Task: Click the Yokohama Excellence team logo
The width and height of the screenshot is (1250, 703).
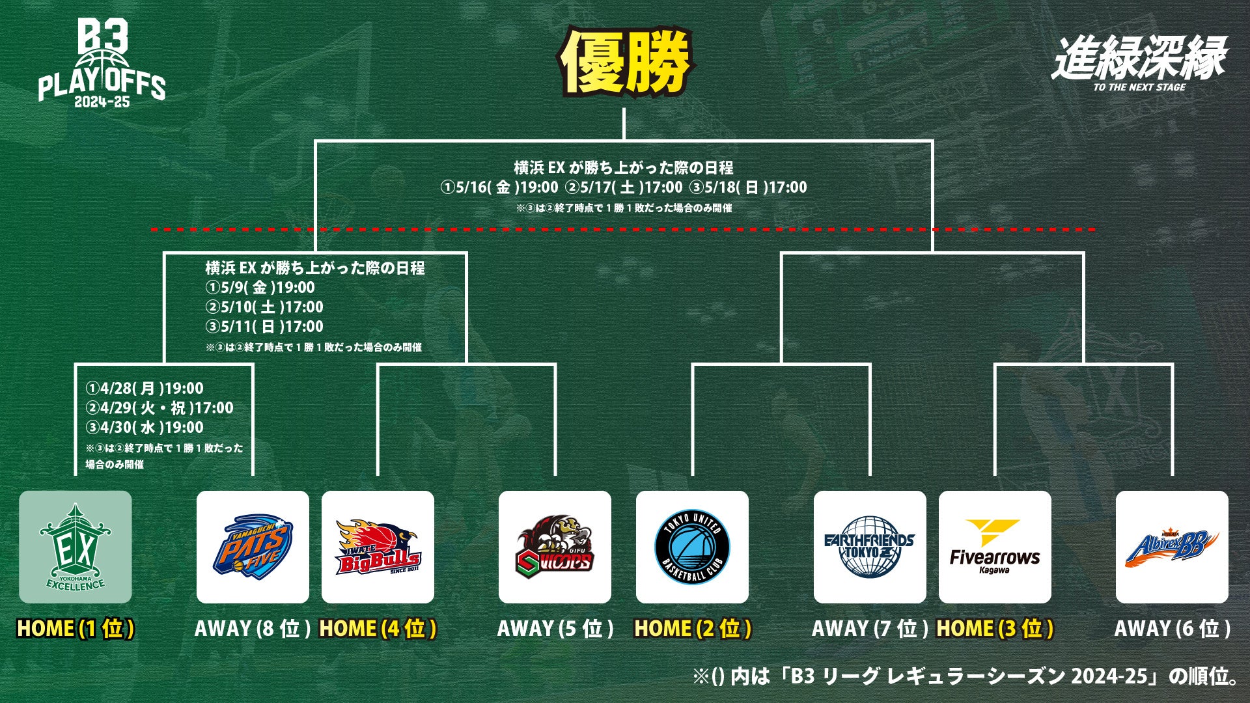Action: pyautogui.click(x=75, y=547)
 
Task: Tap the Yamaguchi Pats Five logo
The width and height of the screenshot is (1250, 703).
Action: pyautogui.click(x=253, y=547)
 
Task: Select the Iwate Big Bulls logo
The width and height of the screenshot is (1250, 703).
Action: pyautogui.click(x=378, y=547)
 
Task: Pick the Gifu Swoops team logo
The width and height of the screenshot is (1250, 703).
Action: pyautogui.click(x=555, y=547)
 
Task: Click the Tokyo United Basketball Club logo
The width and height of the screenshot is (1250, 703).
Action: pyautogui.click(x=692, y=547)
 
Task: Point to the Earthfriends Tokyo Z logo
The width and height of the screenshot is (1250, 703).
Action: pyautogui.click(x=870, y=547)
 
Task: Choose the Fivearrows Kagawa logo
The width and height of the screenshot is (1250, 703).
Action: pyautogui.click(x=995, y=547)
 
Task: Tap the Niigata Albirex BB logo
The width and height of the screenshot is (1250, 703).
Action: pyautogui.click(x=1172, y=547)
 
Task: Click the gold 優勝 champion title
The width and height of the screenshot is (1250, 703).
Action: pyautogui.click(x=625, y=62)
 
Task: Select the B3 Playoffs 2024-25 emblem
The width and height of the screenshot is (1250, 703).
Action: pyautogui.click(x=102, y=63)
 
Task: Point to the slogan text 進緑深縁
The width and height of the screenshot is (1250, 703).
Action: pyautogui.click(x=1139, y=59)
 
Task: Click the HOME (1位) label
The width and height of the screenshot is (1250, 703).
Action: pyautogui.click(x=76, y=629)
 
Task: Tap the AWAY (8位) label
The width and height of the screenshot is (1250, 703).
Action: pyautogui.click(x=253, y=629)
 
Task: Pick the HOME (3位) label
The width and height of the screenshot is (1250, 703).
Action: pyautogui.click(x=995, y=629)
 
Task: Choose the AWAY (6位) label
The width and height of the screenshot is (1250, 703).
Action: pyautogui.click(x=1172, y=629)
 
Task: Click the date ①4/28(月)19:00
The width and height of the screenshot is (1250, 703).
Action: pyautogui.click(x=145, y=389)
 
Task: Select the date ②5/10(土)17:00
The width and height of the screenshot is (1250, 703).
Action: pyautogui.click(x=264, y=307)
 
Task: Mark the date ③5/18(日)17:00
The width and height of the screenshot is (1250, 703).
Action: pyautogui.click(x=748, y=187)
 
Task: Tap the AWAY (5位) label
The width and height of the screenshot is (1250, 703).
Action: pyautogui.click(x=555, y=629)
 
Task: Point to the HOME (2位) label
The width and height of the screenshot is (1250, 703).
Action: pyautogui.click(x=693, y=629)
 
